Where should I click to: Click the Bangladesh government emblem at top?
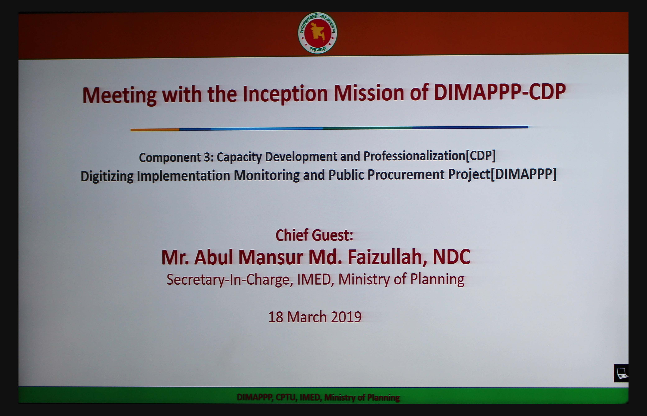click(x=317, y=33)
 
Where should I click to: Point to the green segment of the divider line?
click(x=367, y=128)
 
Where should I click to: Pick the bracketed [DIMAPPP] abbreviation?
click(x=523, y=174)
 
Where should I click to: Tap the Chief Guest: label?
click(x=314, y=235)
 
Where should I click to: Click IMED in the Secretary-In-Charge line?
click(x=314, y=279)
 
